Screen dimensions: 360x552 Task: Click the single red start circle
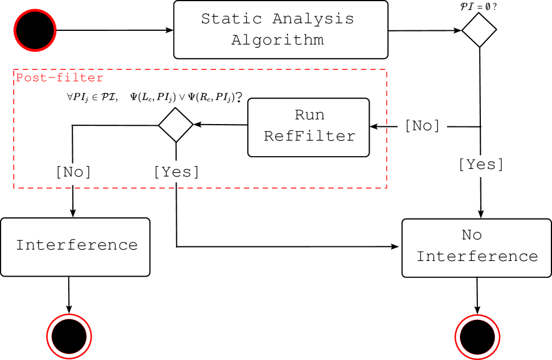click(x=35, y=30)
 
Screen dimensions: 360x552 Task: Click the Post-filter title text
click(x=59, y=77)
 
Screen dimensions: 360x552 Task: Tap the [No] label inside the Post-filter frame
click(x=73, y=172)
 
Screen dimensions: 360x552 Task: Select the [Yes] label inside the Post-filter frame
click(x=176, y=172)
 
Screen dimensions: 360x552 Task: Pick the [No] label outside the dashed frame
click(x=422, y=126)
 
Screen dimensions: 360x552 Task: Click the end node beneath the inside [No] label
click(x=69, y=336)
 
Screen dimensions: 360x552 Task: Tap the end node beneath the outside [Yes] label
click(x=477, y=336)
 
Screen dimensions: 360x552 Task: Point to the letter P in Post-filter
click(x=19, y=77)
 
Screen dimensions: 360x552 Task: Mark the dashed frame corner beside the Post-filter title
click(x=13, y=70)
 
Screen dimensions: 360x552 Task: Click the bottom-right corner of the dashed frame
click(x=386, y=188)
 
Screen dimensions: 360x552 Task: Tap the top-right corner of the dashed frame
click(x=386, y=70)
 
